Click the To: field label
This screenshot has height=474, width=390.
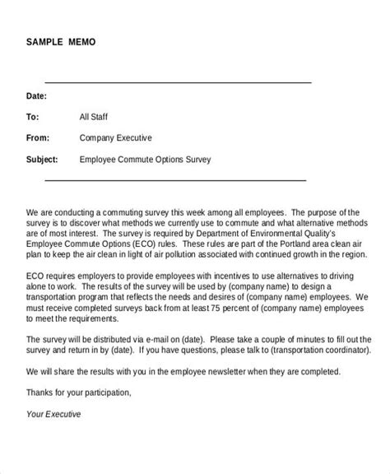coord(34,116)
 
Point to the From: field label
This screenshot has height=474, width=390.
coord(39,137)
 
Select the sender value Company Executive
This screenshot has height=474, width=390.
coord(116,137)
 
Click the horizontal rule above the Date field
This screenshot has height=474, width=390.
coord(177,82)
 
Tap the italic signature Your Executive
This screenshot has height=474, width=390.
coord(53,414)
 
